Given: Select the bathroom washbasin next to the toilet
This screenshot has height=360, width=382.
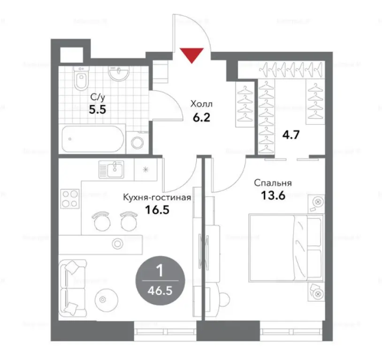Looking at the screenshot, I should point(118,74).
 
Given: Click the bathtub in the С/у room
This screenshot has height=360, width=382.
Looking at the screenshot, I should point(93,138).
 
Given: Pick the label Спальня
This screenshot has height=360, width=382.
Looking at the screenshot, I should point(273,183).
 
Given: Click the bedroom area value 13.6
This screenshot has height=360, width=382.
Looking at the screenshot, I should point(273,195).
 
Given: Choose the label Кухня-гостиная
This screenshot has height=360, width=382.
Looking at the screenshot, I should point(157,197).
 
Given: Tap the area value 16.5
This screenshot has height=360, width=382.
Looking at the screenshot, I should point(157,209).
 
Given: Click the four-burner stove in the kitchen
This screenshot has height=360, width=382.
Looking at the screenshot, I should point(69,199).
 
